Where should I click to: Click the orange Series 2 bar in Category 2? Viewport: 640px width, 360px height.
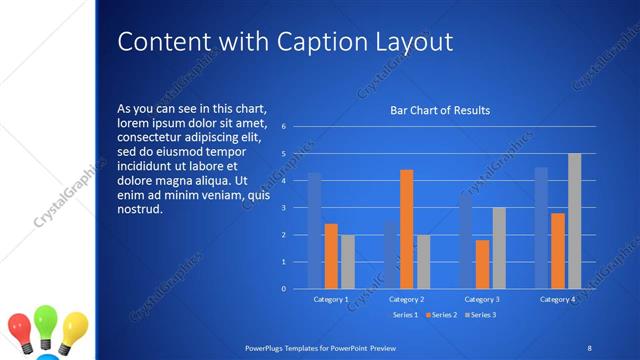tap(407, 229)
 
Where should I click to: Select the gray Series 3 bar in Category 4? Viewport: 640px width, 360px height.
tap(574, 221)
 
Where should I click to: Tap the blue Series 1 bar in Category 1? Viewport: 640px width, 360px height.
tap(314, 231)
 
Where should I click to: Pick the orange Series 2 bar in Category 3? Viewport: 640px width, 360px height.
tap(483, 264)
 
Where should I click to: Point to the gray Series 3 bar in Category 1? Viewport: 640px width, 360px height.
tap(348, 262)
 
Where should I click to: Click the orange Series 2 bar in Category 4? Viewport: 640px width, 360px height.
tap(558, 251)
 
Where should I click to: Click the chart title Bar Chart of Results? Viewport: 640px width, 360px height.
tap(440, 110)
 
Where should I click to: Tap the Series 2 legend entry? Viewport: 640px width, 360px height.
tap(441, 315)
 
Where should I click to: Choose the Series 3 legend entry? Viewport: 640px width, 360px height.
tap(481, 315)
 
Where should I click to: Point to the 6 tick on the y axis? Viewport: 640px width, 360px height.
tap(284, 127)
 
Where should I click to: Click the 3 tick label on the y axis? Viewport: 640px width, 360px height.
tap(284, 208)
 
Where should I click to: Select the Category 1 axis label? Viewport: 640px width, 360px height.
tap(331, 299)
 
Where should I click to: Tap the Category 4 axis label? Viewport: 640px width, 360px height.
tap(558, 299)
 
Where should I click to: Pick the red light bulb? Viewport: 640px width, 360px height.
tap(20, 328)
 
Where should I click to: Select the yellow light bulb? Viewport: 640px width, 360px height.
tap(74, 326)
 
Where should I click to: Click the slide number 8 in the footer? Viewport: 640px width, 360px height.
tap(589, 347)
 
